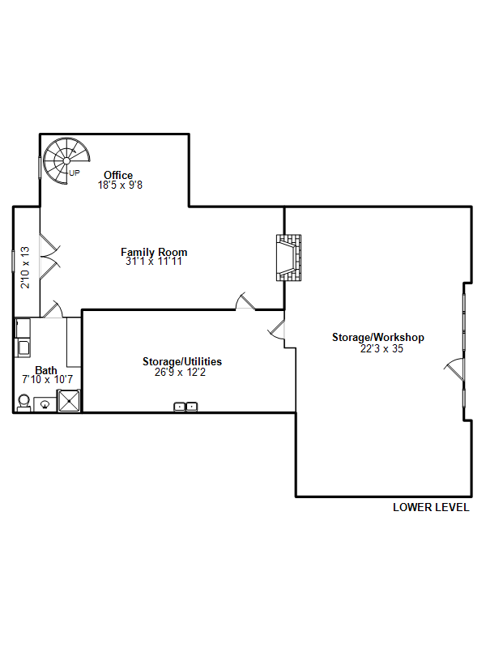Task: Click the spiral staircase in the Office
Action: pyautogui.click(x=66, y=160)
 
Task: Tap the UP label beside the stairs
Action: pyautogui.click(x=75, y=173)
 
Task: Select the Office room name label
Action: pyautogui.click(x=118, y=175)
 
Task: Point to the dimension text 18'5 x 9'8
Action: pyautogui.click(x=120, y=185)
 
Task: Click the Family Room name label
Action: pyautogui.click(x=154, y=252)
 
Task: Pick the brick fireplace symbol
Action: pyautogui.click(x=289, y=258)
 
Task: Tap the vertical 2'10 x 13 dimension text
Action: pyautogui.click(x=25, y=267)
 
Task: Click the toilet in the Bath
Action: pyautogui.click(x=24, y=403)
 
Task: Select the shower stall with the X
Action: pyautogui.click(x=69, y=401)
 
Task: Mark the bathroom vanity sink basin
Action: pyautogui.click(x=45, y=404)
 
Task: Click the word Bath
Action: pyautogui.click(x=46, y=370)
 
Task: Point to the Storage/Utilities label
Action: pyautogui.click(x=182, y=361)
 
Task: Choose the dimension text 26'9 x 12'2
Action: pyautogui.click(x=180, y=373)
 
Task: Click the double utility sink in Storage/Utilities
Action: pyautogui.click(x=185, y=407)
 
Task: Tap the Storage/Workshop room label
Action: pyautogui.click(x=378, y=337)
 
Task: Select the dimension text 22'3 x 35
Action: pyautogui.click(x=382, y=349)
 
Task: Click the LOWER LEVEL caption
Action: pyautogui.click(x=431, y=508)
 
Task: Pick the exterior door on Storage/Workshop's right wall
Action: pyautogui.click(x=455, y=369)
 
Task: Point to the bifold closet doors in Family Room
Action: pyautogui.click(x=49, y=257)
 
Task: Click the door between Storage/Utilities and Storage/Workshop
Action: pyautogui.click(x=277, y=329)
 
